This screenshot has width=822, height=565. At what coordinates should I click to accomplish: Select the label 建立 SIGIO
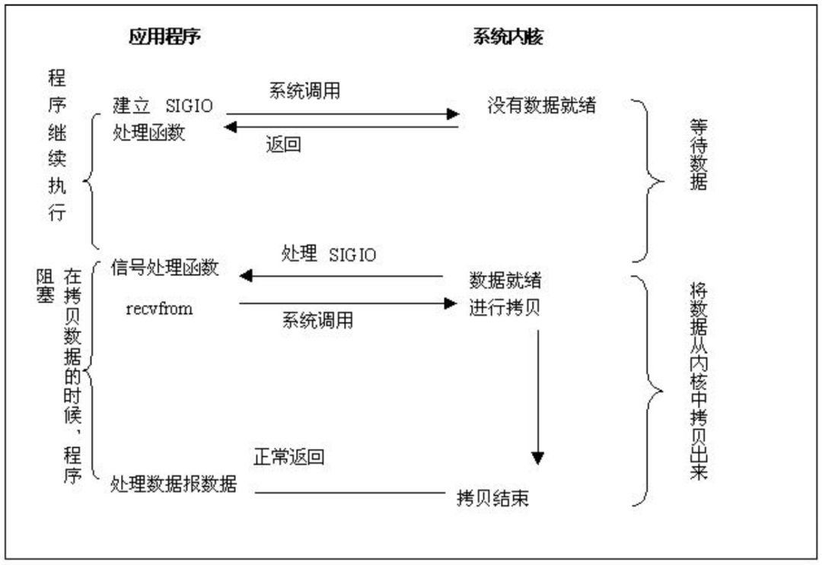(162, 106)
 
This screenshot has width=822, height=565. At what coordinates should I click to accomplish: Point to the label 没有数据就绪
(541, 106)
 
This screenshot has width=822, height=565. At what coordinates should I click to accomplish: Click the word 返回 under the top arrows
(283, 144)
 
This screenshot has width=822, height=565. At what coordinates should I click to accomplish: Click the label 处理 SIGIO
(328, 255)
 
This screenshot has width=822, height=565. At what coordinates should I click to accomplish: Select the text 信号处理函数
(164, 268)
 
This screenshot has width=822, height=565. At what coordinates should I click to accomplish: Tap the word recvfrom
(159, 309)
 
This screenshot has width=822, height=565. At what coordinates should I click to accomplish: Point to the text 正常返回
(288, 457)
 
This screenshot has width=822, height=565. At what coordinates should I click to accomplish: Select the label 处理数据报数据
(174, 484)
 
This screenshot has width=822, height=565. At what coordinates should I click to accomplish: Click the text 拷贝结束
(492, 499)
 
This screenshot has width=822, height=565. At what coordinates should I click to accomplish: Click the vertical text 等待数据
(697, 157)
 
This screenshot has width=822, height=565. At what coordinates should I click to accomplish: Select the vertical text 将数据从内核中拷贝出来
(697, 380)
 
